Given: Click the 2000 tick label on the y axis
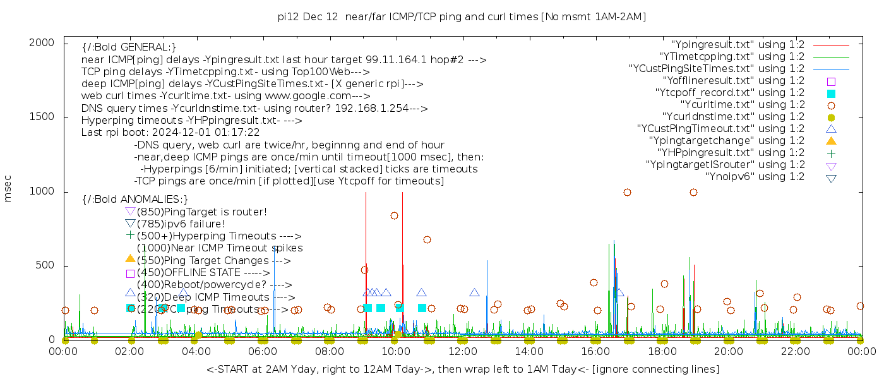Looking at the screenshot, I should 47,42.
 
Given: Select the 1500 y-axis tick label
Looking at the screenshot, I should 47,117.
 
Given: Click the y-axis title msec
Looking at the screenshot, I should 8,191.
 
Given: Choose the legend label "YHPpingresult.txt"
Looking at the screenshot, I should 731,153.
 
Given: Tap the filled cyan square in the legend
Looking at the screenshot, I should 831,93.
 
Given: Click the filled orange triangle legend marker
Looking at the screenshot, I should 831,141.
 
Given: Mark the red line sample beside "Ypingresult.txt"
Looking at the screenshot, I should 831,45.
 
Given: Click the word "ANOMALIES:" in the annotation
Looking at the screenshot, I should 152,200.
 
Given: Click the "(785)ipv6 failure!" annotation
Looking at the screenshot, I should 181,224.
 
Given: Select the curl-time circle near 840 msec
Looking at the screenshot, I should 394,215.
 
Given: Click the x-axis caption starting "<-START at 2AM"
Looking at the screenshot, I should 462,369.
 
